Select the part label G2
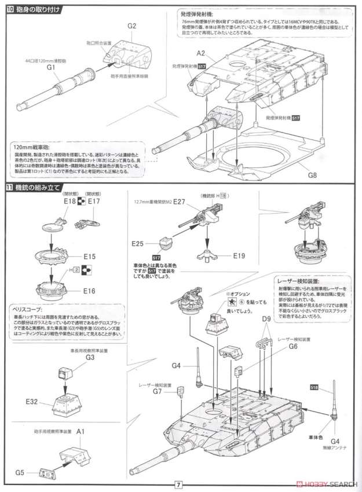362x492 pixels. click(x=131, y=27)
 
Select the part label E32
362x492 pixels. click(x=32, y=399)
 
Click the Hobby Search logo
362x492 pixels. click(x=324, y=483)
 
